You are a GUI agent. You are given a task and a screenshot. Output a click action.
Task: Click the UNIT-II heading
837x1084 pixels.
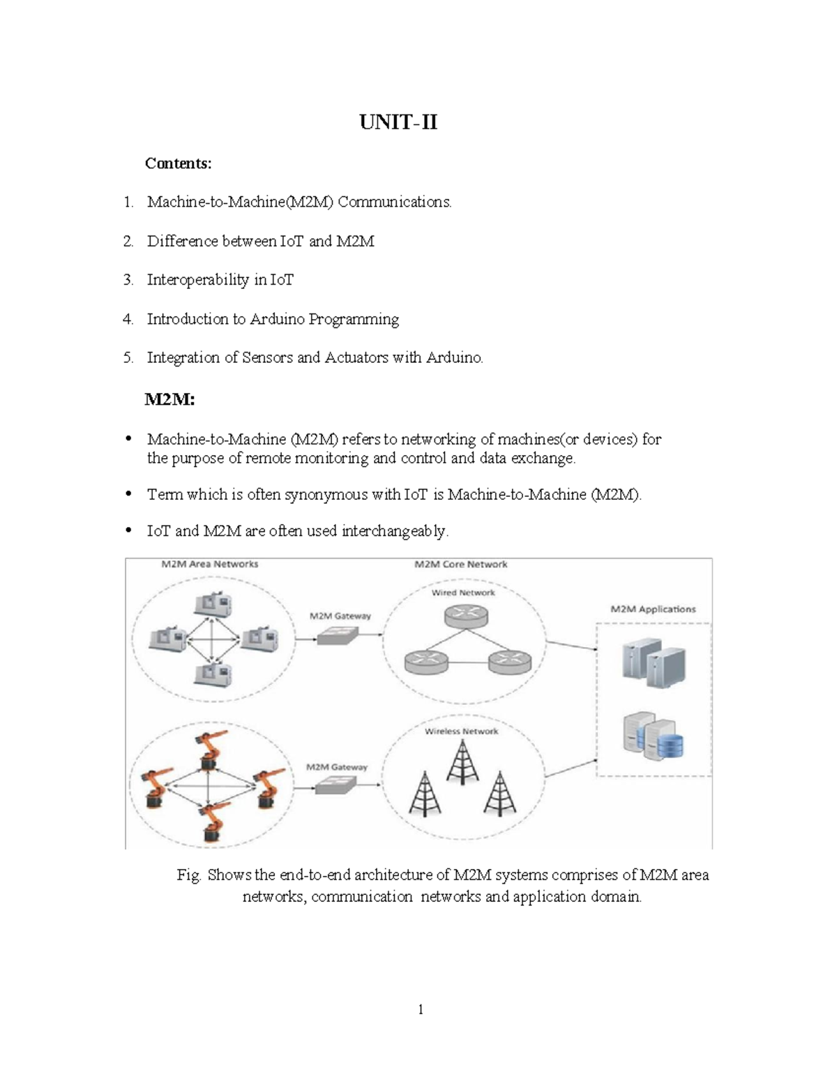point(398,123)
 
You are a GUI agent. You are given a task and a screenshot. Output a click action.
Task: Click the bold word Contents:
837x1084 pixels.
point(178,163)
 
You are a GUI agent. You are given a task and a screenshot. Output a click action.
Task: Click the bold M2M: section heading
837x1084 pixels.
point(169,399)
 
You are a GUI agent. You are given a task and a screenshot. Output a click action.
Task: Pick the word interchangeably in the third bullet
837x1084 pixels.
point(395,531)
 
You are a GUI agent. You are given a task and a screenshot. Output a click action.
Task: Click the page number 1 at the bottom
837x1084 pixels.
point(421,1009)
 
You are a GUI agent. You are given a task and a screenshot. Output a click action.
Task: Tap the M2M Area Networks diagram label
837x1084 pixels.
point(210,564)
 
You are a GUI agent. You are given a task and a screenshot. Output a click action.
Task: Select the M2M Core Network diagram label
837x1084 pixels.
point(461,564)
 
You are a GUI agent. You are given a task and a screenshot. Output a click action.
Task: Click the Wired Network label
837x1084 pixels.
point(463,593)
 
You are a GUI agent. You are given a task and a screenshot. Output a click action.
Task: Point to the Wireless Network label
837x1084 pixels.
point(462,732)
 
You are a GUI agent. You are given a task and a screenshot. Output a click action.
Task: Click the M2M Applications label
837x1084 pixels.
point(653,609)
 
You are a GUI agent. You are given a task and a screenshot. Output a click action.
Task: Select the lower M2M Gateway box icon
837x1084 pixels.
point(335,785)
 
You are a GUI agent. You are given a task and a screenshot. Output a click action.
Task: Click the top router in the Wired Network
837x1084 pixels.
point(465,616)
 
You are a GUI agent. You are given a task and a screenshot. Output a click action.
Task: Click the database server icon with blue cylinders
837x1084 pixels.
point(653,737)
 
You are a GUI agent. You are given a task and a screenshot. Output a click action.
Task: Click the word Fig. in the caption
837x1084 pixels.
point(188,875)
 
